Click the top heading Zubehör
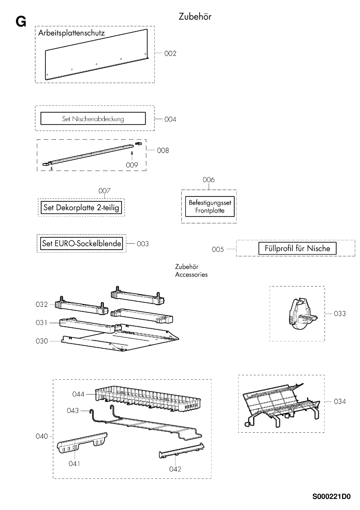pos(195,17)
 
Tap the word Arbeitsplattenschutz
pos(72,33)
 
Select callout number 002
pos(170,53)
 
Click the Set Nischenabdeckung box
pos(93,119)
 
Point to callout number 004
pos(170,120)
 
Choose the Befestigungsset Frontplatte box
pos(210,207)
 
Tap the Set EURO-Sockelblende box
pos(81,244)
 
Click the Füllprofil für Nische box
pos(297,248)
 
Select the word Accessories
pos(191,275)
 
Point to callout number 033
pos(340,314)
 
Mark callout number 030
pos(42,341)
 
